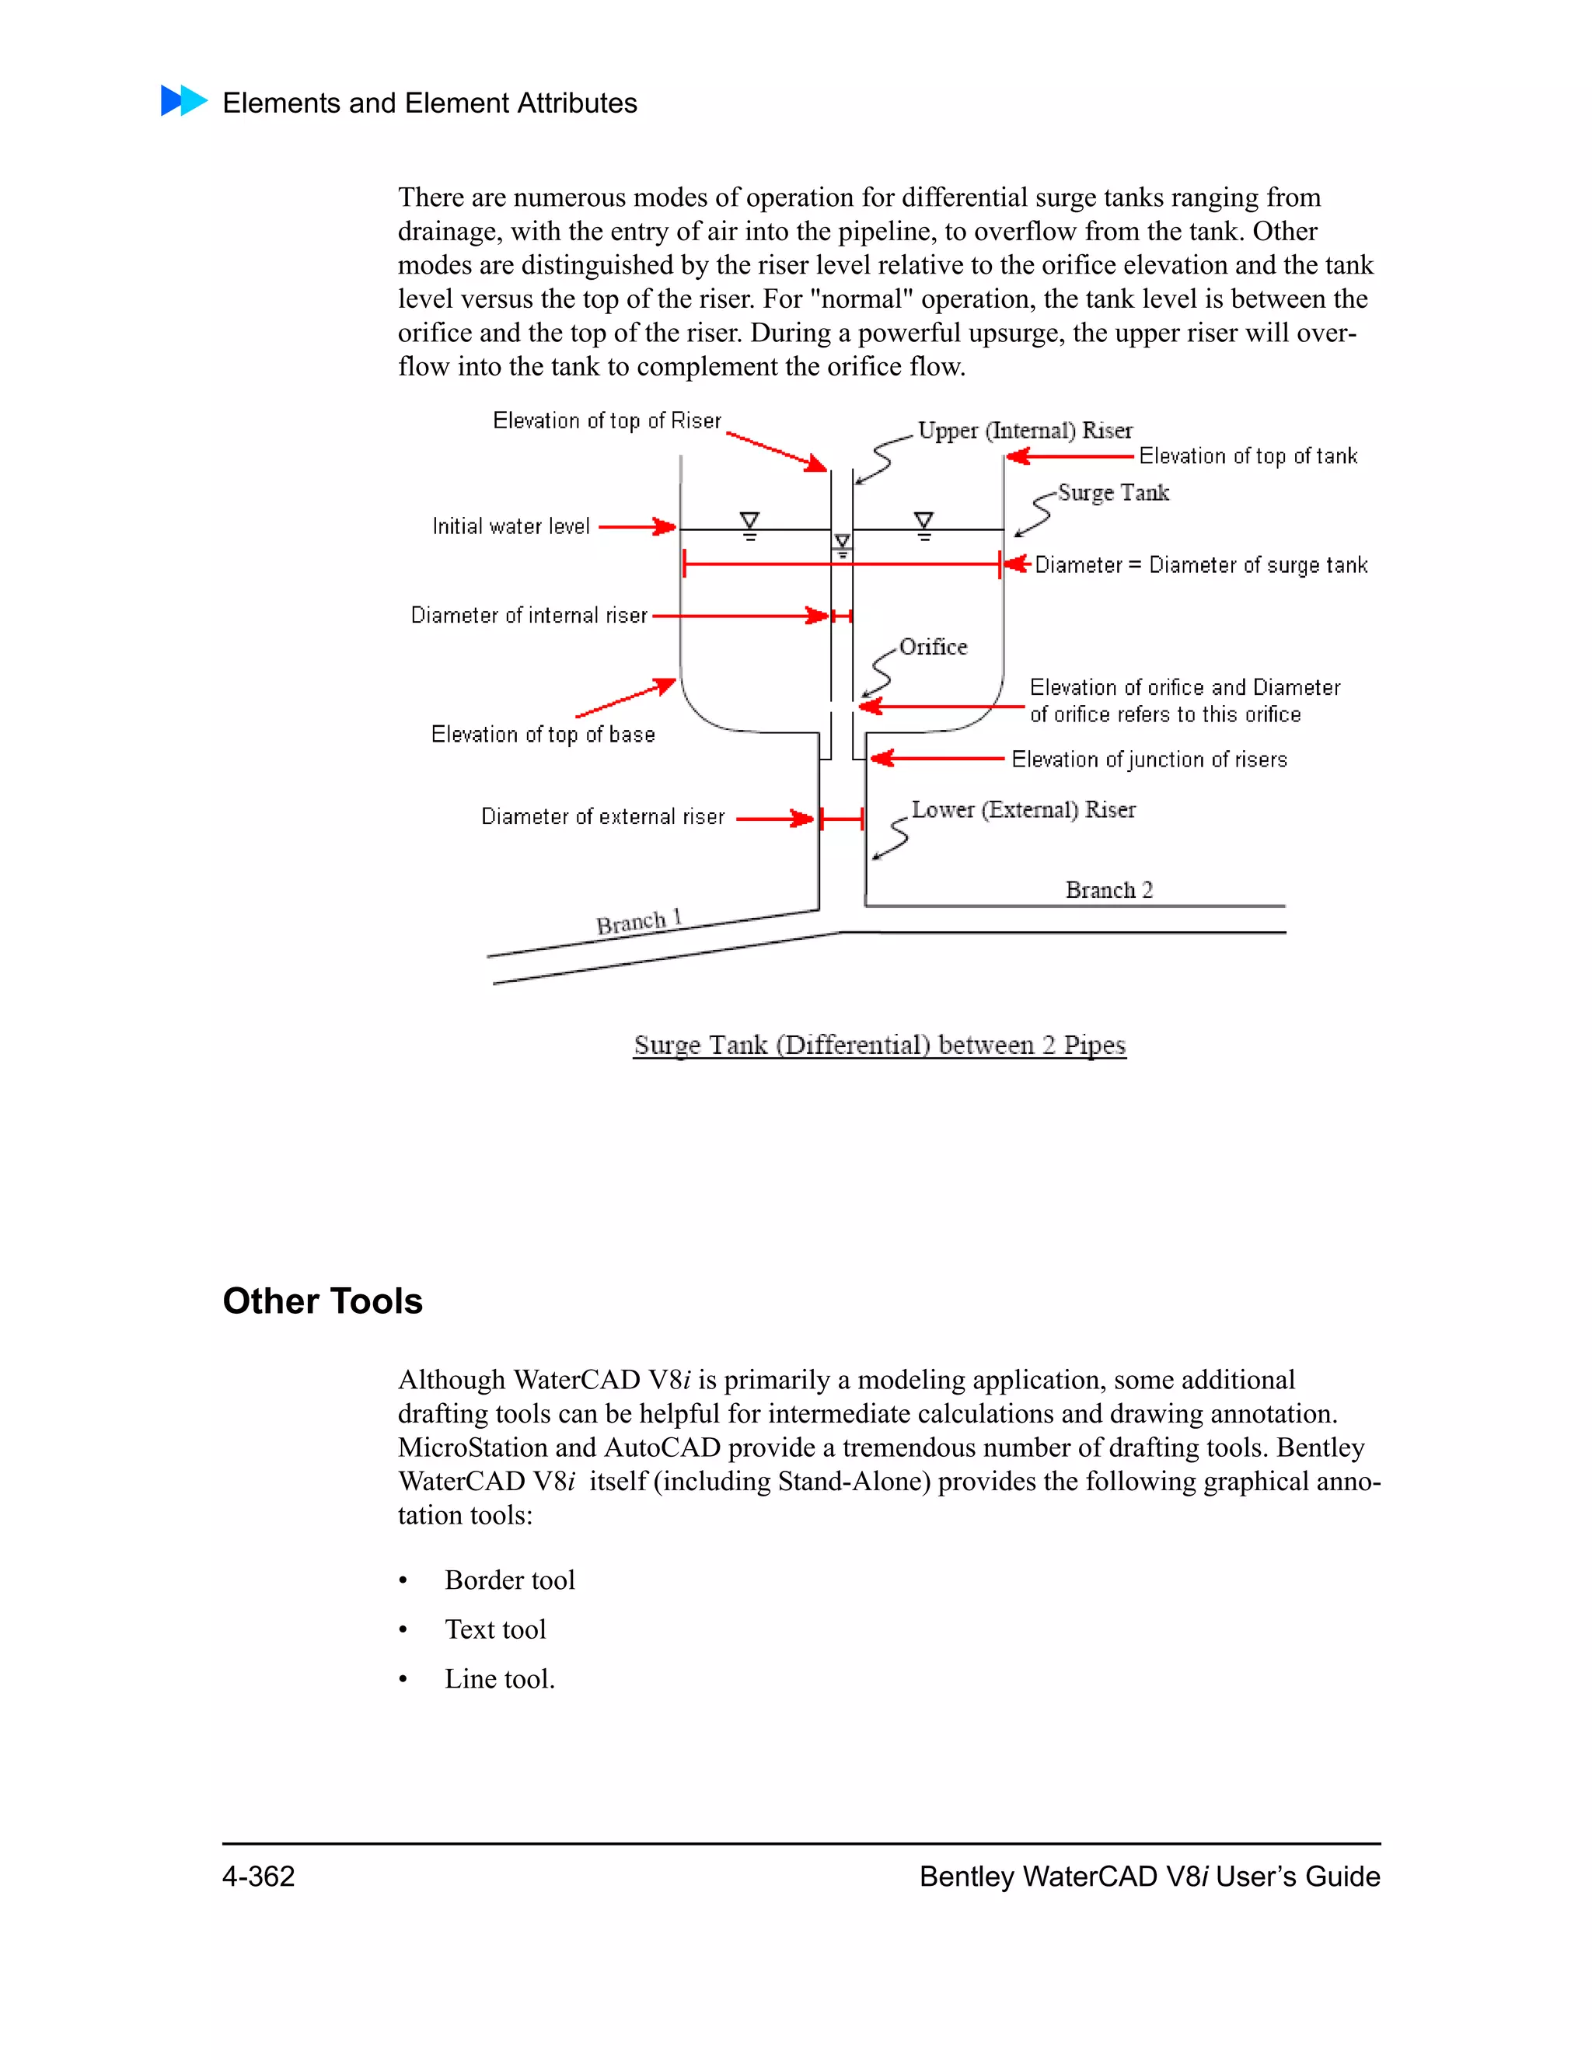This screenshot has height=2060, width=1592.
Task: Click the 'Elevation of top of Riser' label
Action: coord(606,421)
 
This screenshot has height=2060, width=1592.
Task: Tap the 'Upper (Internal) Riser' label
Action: coord(1025,431)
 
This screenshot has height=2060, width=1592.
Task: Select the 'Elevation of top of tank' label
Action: coord(1247,456)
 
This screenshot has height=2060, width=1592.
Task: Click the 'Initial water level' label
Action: coord(510,526)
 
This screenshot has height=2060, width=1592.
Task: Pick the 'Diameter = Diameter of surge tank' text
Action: coord(1200,565)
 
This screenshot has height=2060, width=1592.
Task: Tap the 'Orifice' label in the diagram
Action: coord(933,647)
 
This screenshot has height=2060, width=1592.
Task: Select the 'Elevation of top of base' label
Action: coord(543,735)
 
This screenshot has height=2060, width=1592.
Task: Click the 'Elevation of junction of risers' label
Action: coord(1148,759)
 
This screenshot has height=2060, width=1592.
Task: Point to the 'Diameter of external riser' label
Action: coord(602,817)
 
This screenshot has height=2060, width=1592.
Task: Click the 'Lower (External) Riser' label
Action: coord(1022,810)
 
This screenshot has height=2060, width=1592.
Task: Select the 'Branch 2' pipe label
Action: coord(1108,890)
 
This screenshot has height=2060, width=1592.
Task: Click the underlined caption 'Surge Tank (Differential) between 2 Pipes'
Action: coord(879,1045)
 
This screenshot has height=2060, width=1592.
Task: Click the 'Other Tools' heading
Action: coord(323,1301)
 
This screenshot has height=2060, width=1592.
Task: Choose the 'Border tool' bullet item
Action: coord(509,1580)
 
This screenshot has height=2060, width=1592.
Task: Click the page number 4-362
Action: coord(258,1876)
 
